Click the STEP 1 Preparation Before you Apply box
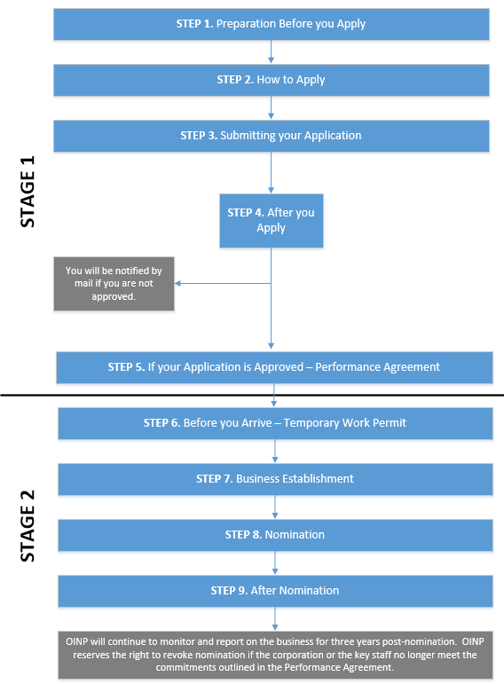click(271, 24)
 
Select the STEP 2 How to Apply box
click(271, 80)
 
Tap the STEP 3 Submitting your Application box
click(271, 136)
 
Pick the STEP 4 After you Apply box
click(271, 221)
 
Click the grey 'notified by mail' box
click(114, 284)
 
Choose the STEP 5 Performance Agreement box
click(274, 367)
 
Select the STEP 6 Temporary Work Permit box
click(275, 423)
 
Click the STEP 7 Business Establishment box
click(275, 479)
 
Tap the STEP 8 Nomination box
click(275, 535)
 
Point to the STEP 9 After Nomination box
click(275, 591)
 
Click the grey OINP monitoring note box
click(275, 655)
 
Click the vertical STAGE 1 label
click(28, 192)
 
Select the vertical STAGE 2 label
click(28, 526)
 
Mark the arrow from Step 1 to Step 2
click(271, 52)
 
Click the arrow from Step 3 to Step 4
click(271, 173)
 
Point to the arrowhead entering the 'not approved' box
click(177, 284)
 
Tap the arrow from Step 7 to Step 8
click(275, 507)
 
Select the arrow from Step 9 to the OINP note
click(275, 618)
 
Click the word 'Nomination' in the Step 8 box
click(295, 535)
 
